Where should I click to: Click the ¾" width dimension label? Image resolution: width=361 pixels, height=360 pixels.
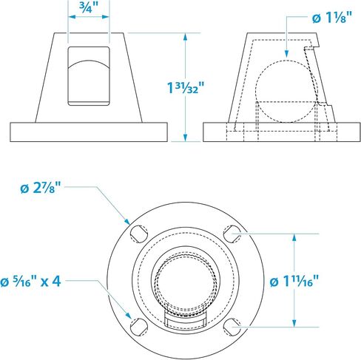89,7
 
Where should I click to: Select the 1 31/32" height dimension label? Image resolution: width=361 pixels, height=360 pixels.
186,87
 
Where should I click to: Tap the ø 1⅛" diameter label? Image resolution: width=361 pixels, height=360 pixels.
332,18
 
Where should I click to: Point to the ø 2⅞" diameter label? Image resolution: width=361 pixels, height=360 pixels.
41,188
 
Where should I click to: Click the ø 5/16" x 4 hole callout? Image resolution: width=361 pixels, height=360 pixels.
30,281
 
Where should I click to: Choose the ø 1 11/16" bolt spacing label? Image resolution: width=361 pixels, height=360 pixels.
294,281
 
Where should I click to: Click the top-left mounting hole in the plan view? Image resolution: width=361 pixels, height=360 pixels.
138,234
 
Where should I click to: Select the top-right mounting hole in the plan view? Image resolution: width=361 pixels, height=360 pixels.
232,234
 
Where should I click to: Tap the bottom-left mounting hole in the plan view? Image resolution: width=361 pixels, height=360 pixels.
138,327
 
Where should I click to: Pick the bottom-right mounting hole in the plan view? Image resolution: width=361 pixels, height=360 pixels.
232,327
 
